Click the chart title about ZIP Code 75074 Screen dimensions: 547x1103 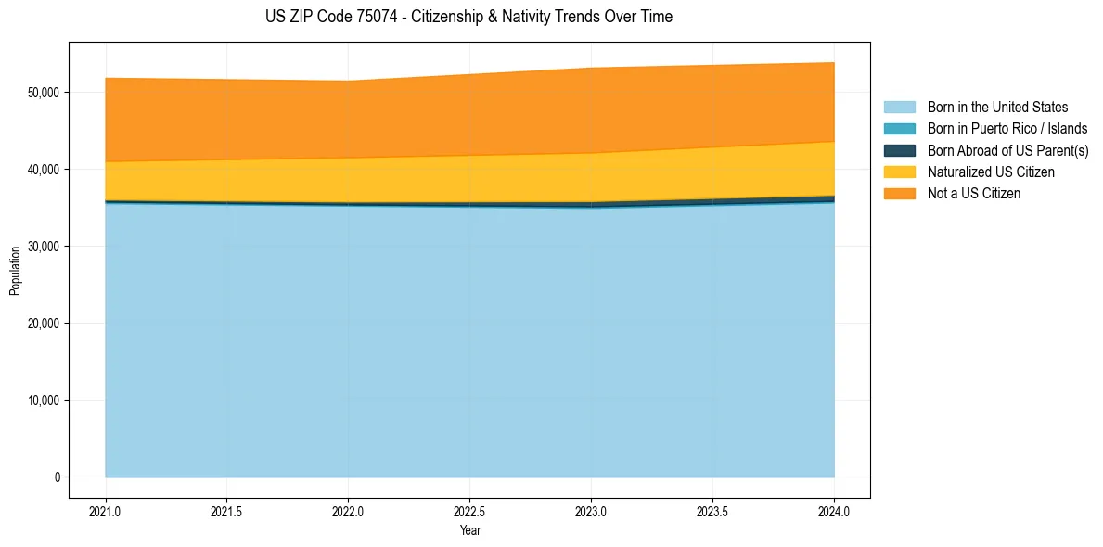[x=468, y=17]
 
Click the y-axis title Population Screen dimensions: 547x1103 [x=15, y=271]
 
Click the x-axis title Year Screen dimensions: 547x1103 [x=469, y=530]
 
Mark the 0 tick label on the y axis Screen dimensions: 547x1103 [x=57, y=477]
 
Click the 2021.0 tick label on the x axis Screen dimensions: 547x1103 [x=106, y=510]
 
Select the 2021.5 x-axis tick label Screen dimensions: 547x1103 [x=227, y=510]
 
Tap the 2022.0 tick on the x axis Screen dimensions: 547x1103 [x=349, y=510]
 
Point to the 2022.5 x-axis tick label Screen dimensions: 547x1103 [x=470, y=510]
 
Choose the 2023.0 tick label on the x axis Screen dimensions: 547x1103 [x=592, y=510]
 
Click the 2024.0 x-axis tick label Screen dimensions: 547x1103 [x=834, y=510]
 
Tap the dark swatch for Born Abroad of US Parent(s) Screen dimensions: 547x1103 [x=899, y=150]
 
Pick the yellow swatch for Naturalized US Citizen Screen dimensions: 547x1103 [x=899, y=172]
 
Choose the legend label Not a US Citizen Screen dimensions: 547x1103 [x=973, y=194]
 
